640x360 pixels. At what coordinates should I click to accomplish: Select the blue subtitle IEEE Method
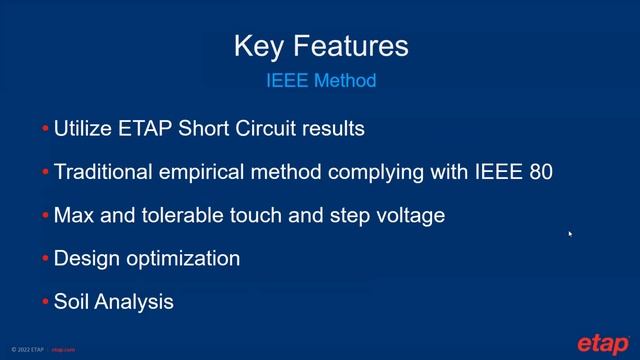click(320, 80)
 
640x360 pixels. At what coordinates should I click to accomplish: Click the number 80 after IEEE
click(540, 172)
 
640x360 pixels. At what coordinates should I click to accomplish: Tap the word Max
click(73, 215)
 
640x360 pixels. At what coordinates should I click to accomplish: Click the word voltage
click(407, 215)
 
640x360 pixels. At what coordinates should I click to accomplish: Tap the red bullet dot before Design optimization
click(45, 259)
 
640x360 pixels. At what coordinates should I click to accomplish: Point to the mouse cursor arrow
click(570, 234)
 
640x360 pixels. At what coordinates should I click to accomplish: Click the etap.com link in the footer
click(63, 350)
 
